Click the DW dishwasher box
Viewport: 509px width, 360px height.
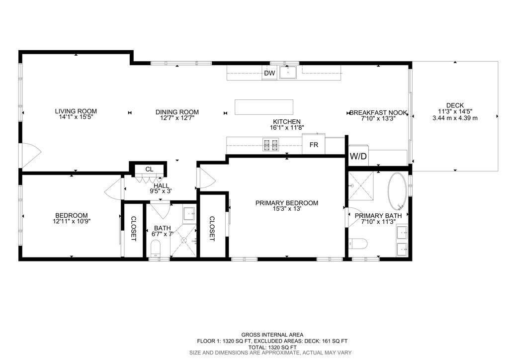(x=269, y=74)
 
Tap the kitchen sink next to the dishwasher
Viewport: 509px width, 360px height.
(x=287, y=73)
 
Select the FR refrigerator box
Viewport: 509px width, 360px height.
(x=314, y=145)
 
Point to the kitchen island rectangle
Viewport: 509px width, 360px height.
(x=263, y=107)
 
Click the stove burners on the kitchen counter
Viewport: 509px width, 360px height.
(x=271, y=145)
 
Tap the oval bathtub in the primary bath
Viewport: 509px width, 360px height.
(x=398, y=191)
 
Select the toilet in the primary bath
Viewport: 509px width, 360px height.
(x=358, y=244)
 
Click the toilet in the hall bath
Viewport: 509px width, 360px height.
(x=156, y=248)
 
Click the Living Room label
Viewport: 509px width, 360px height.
(x=76, y=111)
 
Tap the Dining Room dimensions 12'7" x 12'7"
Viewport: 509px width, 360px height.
(x=177, y=118)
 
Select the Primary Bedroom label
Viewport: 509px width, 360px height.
(x=286, y=203)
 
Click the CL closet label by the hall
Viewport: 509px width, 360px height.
(x=149, y=170)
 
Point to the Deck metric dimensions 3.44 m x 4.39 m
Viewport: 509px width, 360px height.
(x=455, y=118)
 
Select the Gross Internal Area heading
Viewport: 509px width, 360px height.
(x=272, y=335)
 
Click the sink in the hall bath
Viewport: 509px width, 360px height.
(x=189, y=214)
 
